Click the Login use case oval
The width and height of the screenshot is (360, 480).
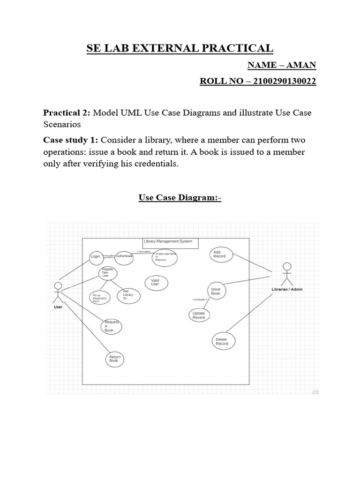pyautogui.click(x=96, y=257)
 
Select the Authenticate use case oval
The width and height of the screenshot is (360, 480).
pyautogui.click(x=124, y=256)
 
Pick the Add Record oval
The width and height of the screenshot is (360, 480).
pyautogui.click(x=220, y=255)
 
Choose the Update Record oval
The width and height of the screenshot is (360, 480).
pyautogui.click(x=199, y=315)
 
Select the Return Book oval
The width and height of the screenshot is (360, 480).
pyautogui.click(x=114, y=359)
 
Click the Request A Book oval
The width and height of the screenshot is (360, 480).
pyautogui.click(x=111, y=326)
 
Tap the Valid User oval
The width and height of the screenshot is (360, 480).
pyautogui.click(x=155, y=282)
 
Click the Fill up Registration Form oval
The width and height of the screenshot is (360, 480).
pyautogui.click(x=99, y=298)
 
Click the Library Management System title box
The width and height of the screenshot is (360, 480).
pyautogui.click(x=171, y=243)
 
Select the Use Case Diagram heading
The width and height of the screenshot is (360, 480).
pyautogui.click(x=180, y=197)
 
